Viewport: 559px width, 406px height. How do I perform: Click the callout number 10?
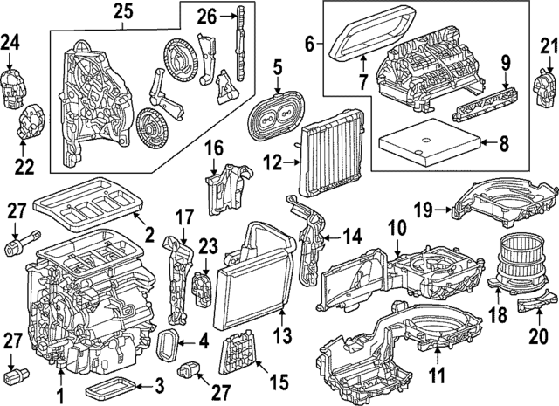[397, 226]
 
